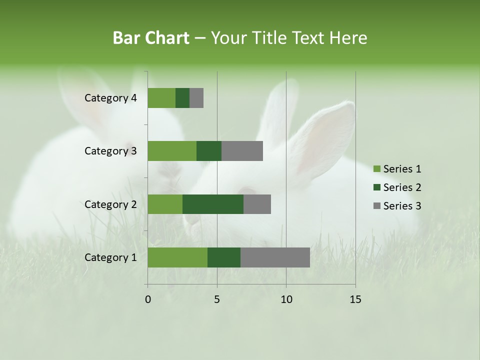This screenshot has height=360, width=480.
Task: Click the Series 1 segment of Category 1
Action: [177, 257]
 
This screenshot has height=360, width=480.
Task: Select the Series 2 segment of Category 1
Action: [224, 257]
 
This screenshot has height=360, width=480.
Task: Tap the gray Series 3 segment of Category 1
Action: [275, 257]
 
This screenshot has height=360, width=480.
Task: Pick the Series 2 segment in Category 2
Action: [213, 204]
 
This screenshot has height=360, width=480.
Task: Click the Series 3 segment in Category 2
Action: [257, 204]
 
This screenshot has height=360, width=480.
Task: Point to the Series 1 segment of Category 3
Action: [172, 151]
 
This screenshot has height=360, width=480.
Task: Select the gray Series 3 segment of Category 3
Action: [242, 151]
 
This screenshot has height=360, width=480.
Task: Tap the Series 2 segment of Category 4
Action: [182, 98]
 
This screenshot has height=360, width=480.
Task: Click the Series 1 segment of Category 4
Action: [161, 98]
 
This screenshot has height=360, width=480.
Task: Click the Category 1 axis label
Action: [110, 257]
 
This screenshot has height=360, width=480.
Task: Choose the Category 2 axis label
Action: [110, 204]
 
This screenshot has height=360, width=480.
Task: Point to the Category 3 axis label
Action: [110, 151]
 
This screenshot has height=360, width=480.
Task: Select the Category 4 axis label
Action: [110, 98]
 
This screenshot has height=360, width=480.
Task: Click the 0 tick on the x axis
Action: [148, 299]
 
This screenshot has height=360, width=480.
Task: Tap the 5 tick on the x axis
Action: [217, 299]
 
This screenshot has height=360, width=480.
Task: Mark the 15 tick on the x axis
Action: [355, 299]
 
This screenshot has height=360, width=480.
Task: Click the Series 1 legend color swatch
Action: [377, 169]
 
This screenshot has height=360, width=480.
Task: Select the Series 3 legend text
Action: [402, 206]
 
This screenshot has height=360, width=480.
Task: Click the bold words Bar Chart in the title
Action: [151, 38]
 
